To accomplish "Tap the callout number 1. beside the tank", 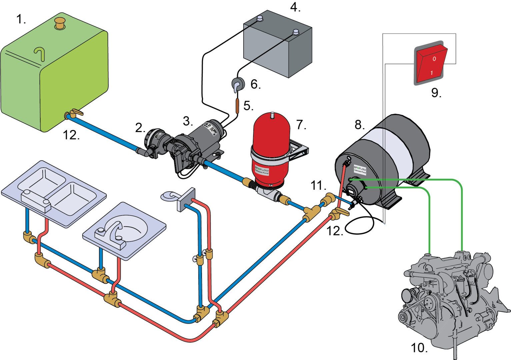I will (x=21, y=19).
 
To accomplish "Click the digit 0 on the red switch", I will (x=434, y=59).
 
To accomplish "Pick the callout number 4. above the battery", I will (x=295, y=7).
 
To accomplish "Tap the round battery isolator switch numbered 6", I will (x=238, y=84).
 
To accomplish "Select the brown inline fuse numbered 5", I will (x=237, y=105).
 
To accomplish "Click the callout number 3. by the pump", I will (x=188, y=121).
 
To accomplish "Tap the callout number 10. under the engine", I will (x=419, y=348).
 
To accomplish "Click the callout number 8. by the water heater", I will (x=359, y=125).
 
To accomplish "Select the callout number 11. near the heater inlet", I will (x=318, y=185).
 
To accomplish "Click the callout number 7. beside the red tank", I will (x=301, y=125).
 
